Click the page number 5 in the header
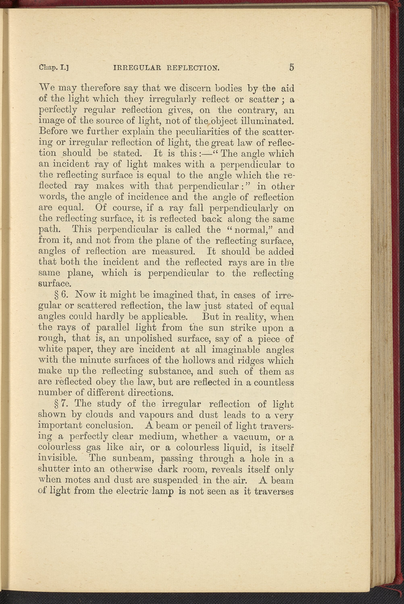(x=291, y=68)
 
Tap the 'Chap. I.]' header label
(x=55, y=68)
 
